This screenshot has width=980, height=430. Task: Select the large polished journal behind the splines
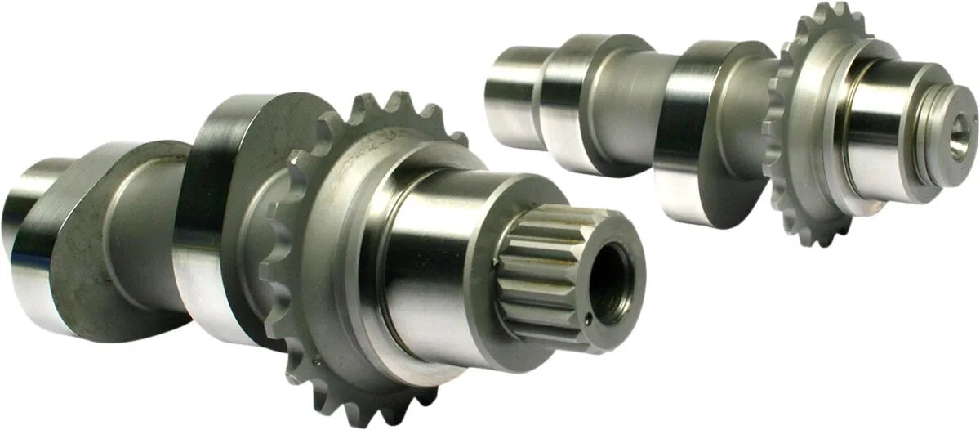point(433,253)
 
